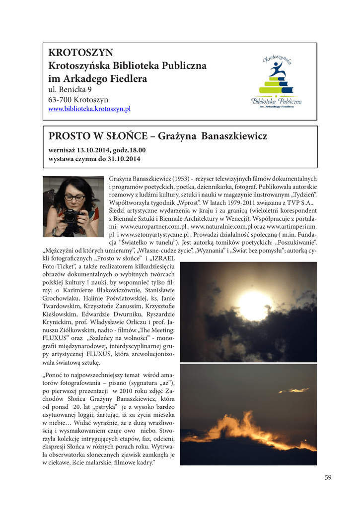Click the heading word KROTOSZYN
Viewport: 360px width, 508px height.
click(81, 53)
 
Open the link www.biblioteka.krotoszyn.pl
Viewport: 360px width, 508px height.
click(89, 109)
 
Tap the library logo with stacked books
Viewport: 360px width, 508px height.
click(277, 80)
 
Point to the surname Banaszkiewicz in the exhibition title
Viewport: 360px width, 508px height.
click(235, 136)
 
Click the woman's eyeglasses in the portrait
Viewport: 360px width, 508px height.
click(74, 197)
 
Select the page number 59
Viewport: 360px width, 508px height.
click(328, 477)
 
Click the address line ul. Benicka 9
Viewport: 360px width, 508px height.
click(70, 90)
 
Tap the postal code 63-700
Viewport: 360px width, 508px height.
click(59, 100)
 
